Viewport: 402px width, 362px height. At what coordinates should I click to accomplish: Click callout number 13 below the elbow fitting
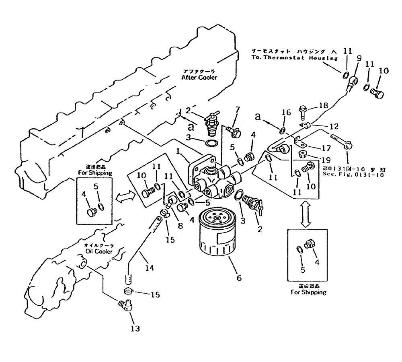coord(135,329)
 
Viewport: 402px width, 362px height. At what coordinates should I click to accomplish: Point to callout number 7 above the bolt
coord(238,110)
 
